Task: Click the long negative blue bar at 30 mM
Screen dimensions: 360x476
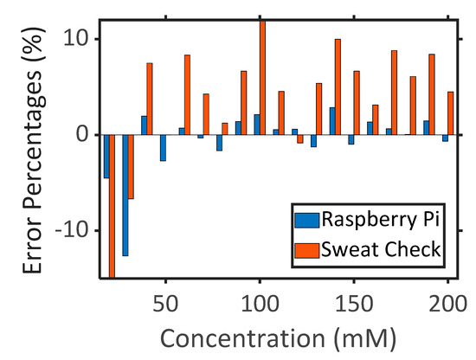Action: (125, 195)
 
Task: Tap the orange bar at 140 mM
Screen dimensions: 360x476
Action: (338, 87)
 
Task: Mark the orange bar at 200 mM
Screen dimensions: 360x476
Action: (451, 113)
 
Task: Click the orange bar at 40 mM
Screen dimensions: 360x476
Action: (149, 99)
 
